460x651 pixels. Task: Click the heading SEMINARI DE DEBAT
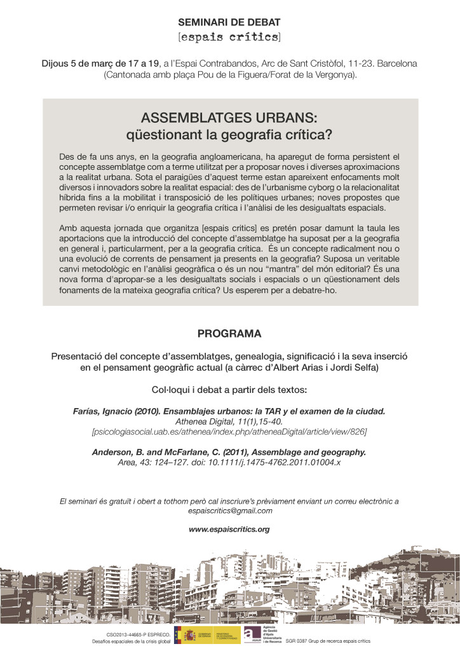(x=229, y=22)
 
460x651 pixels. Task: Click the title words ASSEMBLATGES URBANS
(x=229, y=119)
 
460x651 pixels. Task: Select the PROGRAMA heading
(x=229, y=333)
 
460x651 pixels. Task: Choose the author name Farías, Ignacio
(x=104, y=411)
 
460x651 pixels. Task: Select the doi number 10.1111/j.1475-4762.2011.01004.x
(x=280, y=462)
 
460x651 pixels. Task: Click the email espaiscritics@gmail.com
(x=229, y=511)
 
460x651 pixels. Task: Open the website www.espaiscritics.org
(x=229, y=528)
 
